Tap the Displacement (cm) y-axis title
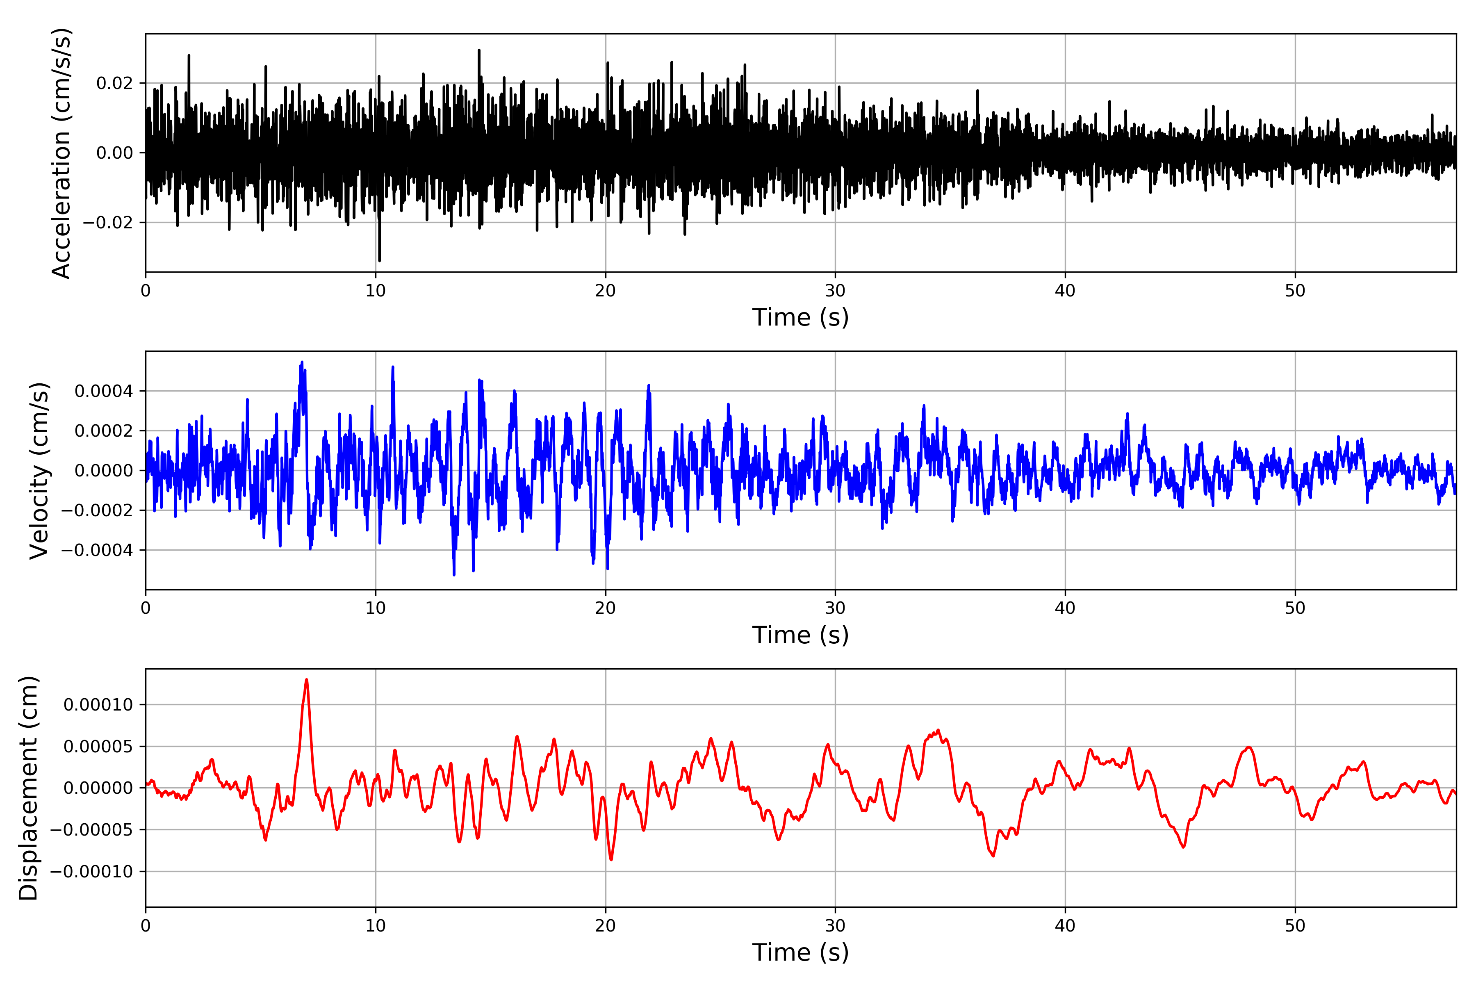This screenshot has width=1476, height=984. [29, 788]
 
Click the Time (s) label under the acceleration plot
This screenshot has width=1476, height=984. [800, 317]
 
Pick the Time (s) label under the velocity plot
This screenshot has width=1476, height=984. [800, 635]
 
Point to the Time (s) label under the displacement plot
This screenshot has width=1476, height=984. [800, 952]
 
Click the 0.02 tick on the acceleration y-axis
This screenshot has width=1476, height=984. [114, 84]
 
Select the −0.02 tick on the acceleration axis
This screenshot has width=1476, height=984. [107, 223]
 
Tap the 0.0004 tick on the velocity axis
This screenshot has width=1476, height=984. [104, 392]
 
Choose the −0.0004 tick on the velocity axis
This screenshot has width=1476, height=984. [97, 550]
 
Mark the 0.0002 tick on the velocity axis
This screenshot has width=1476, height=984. [104, 431]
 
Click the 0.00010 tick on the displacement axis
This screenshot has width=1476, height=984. [98, 705]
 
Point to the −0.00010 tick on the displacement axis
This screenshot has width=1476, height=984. [91, 872]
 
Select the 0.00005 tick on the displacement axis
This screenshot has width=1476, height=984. [98, 747]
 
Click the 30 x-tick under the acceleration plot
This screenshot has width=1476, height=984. [835, 291]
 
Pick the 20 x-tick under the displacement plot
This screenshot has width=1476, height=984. [606, 926]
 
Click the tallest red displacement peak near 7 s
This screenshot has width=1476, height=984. [306, 680]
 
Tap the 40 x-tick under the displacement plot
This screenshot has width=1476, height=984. [1065, 926]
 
